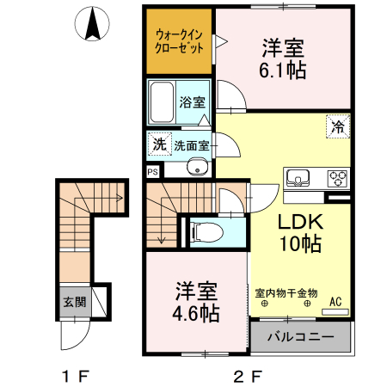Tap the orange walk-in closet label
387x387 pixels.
pos(178,41)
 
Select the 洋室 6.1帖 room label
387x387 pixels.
pos(282,57)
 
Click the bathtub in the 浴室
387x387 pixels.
pos(162,104)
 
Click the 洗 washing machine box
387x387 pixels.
pos(159,144)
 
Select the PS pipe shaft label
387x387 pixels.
pos(153,171)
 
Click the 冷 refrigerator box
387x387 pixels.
pos(338,126)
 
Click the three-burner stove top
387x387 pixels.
pos(335,178)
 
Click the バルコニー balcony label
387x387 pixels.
pos(300,336)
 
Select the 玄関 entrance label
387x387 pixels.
pos(74,302)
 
